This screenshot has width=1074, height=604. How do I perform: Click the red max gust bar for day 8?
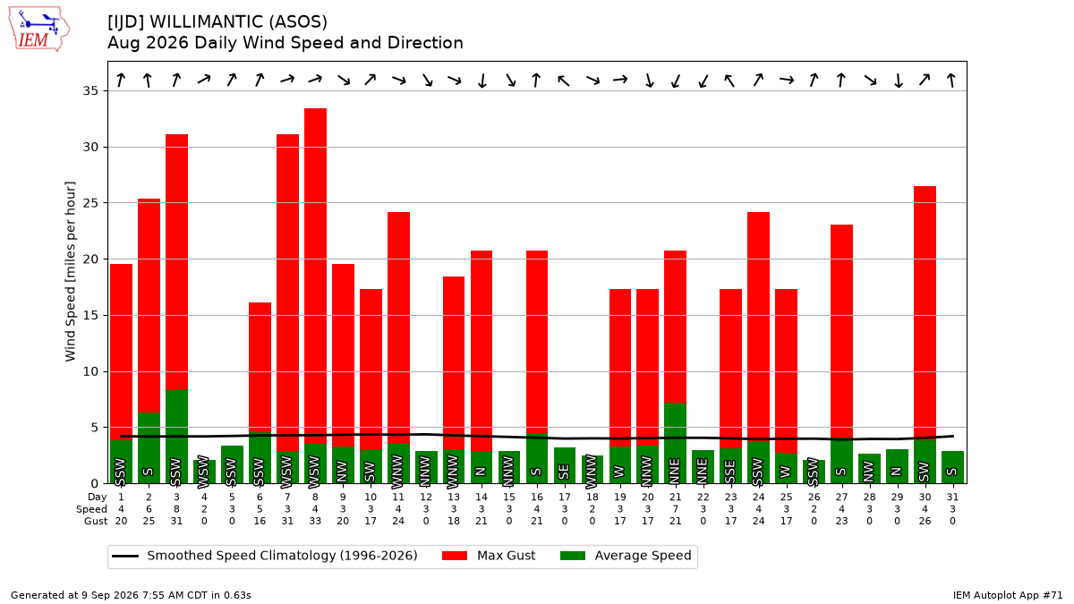(x=315, y=276)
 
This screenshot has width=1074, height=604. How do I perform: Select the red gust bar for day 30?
(x=925, y=313)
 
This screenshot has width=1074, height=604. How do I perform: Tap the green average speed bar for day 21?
(x=675, y=443)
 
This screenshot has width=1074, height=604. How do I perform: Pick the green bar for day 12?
(x=426, y=467)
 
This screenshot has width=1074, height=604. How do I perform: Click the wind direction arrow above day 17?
(x=564, y=81)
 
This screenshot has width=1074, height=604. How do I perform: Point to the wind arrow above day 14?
(x=482, y=81)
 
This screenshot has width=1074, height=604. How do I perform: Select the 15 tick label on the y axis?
(x=90, y=315)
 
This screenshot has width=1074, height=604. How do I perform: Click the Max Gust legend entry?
(x=488, y=556)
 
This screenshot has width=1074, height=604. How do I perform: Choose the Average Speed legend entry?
(x=626, y=556)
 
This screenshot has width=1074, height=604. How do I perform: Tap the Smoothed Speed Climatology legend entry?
(x=265, y=556)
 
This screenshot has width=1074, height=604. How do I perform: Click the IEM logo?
(x=38, y=29)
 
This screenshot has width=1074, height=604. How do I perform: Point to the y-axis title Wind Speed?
(x=70, y=271)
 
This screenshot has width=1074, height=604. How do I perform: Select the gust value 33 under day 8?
(x=315, y=521)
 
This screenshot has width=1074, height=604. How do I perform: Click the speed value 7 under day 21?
(x=675, y=509)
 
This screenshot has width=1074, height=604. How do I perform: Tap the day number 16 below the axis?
(x=536, y=498)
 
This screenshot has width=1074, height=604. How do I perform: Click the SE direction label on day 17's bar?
(x=565, y=472)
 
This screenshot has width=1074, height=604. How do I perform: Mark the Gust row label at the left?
(x=96, y=521)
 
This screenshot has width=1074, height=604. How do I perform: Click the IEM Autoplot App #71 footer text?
(x=1008, y=595)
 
